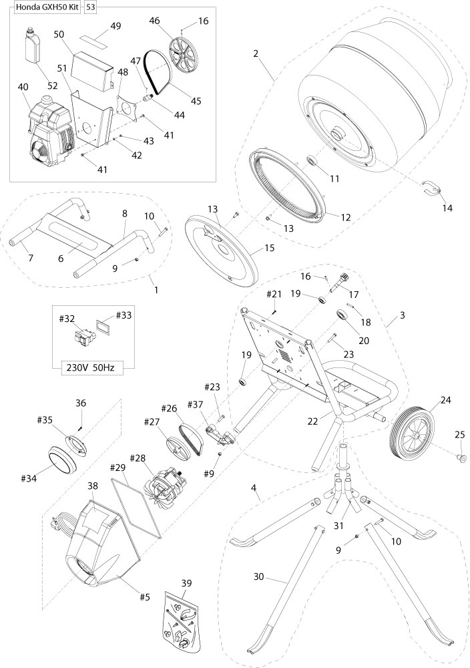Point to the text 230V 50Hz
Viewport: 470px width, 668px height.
click(x=93, y=366)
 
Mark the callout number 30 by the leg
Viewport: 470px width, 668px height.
click(x=263, y=574)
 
